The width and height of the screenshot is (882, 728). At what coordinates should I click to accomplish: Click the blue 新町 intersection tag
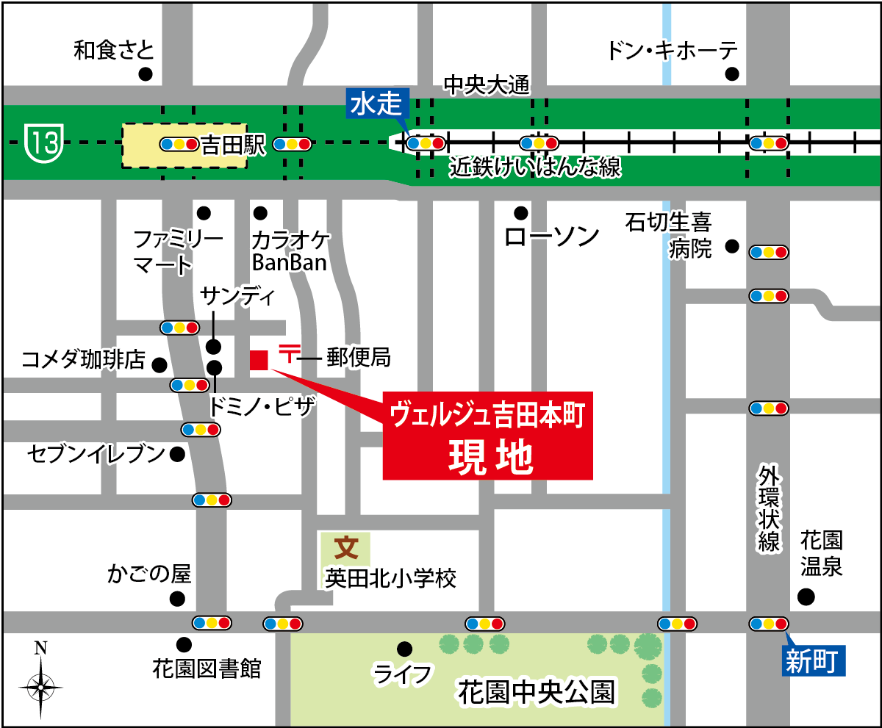click(x=811, y=661)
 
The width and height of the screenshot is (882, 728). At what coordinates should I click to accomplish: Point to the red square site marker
click(x=259, y=360)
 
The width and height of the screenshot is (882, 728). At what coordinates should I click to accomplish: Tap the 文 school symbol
click(x=345, y=548)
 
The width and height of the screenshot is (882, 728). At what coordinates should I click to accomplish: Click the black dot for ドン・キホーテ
click(x=732, y=73)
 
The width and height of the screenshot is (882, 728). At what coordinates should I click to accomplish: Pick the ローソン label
click(x=553, y=237)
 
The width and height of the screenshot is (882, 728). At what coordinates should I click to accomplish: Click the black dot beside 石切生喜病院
click(x=731, y=246)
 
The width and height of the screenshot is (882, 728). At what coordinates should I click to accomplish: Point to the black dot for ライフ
click(x=404, y=649)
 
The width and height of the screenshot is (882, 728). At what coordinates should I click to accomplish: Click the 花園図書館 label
click(x=207, y=668)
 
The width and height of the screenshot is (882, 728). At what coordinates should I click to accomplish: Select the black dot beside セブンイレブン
click(x=177, y=454)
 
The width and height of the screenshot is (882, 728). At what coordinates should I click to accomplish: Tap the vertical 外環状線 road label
click(x=769, y=507)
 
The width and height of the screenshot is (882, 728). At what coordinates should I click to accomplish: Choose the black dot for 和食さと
click(x=146, y=73)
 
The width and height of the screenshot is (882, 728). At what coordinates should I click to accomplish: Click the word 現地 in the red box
click(x=490, y=457)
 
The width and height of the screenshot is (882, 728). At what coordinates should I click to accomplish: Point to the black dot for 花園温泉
click(x=807, y=597)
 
